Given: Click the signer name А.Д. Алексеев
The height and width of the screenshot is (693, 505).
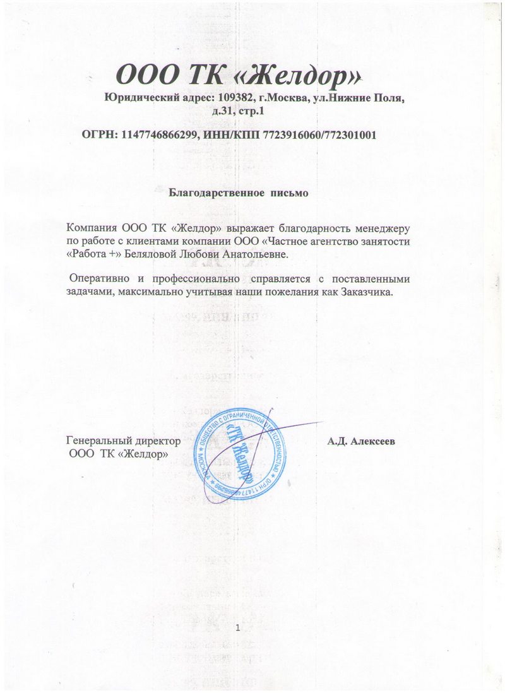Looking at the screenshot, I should [361, 441].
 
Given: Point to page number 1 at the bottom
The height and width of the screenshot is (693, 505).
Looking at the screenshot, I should [237, 627].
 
